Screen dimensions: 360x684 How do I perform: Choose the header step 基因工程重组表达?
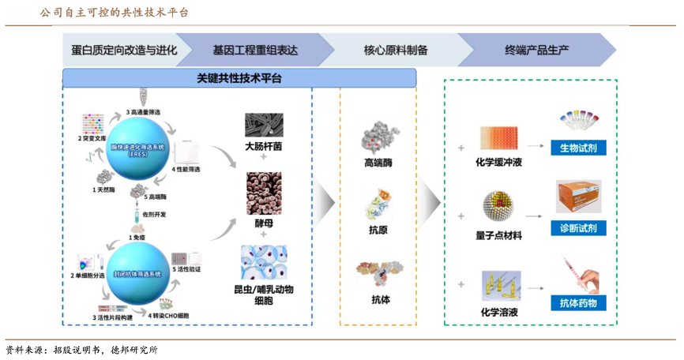tap(255, 50)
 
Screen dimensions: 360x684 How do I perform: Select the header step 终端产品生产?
tap(537, 50)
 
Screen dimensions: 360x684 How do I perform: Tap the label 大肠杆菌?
tap(263, 146)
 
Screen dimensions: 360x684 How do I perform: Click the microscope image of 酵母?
tap(264, 193)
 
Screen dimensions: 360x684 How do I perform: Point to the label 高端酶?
tap(379, 163)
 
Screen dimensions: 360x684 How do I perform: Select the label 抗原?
tap(379, 231)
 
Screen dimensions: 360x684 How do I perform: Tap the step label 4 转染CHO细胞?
tap(168, 316)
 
